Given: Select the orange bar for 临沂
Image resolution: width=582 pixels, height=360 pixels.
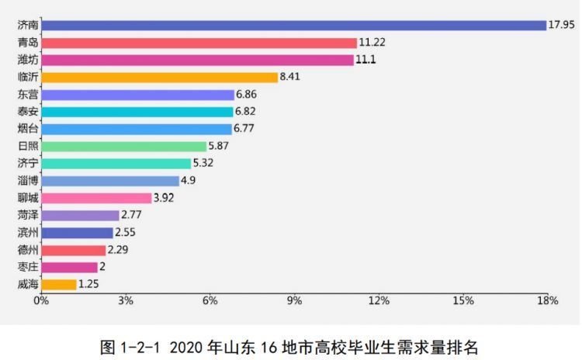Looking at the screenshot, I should pos(159,77).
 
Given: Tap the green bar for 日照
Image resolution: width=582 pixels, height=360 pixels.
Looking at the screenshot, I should pos(123,146).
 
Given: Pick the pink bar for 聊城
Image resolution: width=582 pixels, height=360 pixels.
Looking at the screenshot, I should pos(96,198).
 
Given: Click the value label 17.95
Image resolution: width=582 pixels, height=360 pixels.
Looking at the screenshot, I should pos(562,26).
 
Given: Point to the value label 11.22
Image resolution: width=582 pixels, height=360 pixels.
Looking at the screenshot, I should pos(369,43).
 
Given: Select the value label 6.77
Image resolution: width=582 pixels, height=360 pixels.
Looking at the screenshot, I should pos(245,129).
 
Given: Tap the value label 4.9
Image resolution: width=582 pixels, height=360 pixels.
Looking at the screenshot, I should pos(190,181).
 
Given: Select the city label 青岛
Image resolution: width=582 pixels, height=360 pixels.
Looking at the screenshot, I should pos(27,43).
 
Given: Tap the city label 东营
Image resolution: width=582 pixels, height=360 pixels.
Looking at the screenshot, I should pos(27,95).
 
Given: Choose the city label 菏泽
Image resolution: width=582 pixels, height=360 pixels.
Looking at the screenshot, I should pos(27,215).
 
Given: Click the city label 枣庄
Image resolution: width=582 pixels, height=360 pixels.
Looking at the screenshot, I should pos(27,267).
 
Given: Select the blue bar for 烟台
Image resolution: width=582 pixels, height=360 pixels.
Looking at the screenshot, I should pos(137,129).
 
